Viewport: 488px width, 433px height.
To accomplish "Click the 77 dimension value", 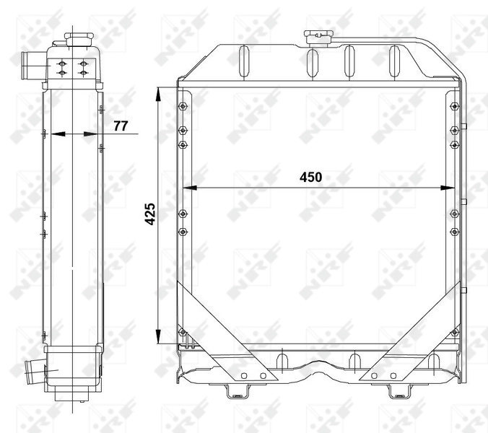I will coord(120,126).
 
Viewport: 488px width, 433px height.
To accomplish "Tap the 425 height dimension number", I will coord(150,214).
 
